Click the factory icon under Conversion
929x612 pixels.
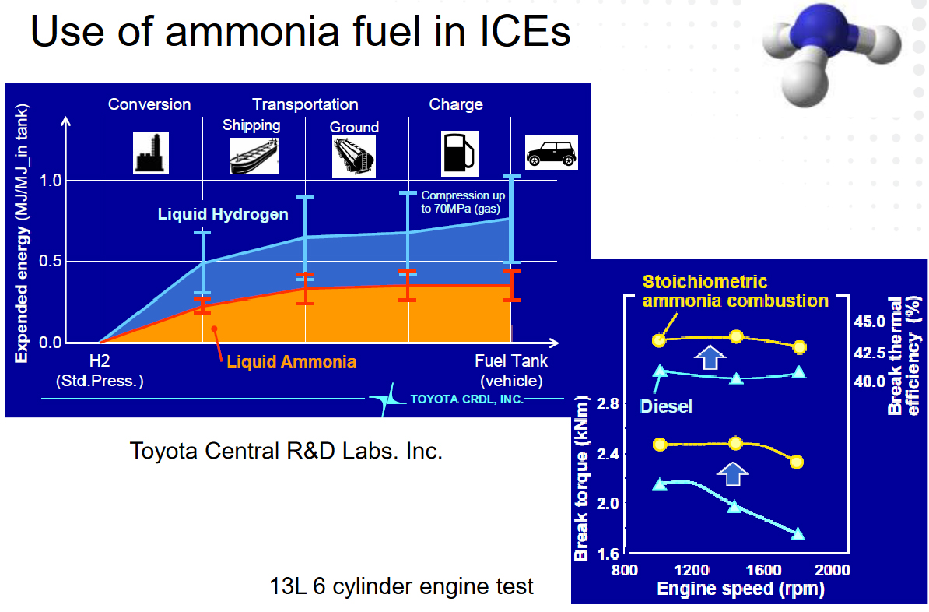150,153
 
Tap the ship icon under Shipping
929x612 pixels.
254,156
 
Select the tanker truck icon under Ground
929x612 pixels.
354,156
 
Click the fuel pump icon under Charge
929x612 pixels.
460,153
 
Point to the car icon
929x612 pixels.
552,153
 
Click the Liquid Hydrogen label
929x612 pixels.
223,214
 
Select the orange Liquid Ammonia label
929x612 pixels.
292,362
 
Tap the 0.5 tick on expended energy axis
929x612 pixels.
51,261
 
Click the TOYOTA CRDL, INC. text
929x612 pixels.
467,399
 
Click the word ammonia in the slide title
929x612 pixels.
252,31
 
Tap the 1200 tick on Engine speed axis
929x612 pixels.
692,571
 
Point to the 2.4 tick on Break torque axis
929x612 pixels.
608,454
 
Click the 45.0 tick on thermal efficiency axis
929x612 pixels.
869,322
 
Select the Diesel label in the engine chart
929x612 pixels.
667,406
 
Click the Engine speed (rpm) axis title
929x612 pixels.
741,589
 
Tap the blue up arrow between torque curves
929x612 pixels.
733,474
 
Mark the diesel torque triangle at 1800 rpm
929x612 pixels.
798,533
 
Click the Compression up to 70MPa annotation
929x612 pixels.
463,202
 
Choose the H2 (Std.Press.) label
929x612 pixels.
100,371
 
